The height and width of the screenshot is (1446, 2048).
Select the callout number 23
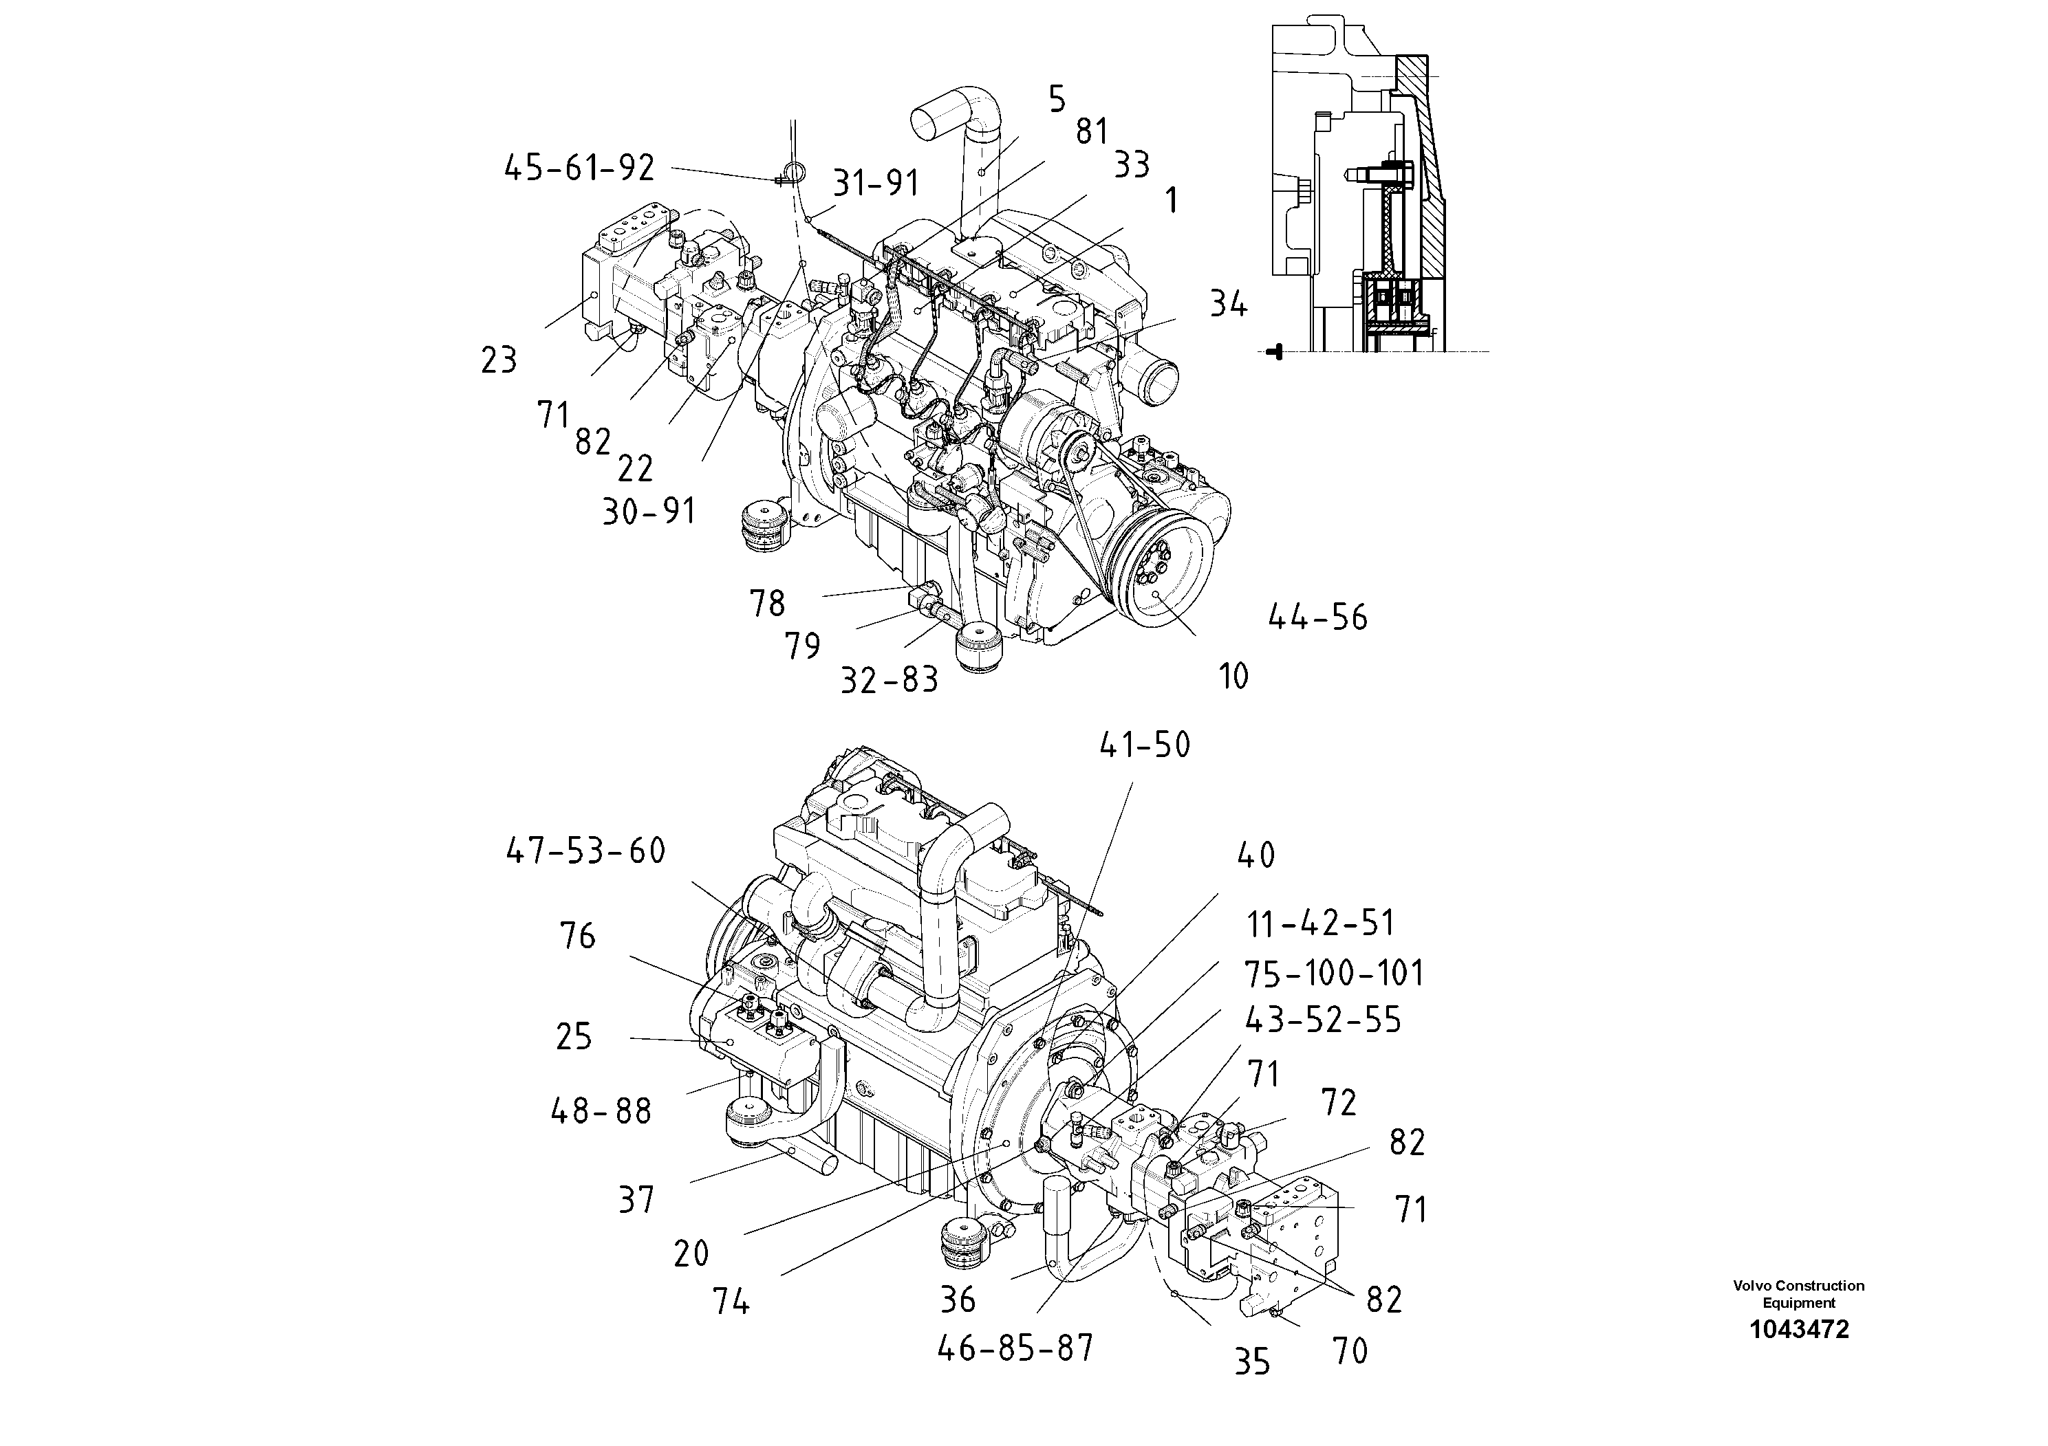[x=499, y=360]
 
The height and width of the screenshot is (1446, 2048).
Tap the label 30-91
[x=649, y=512]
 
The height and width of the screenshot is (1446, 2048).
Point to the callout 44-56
[x=1317, y=617]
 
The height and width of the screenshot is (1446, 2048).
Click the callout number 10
[x=1233, y=677]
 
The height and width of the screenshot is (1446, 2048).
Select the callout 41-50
[x=1145, y=745]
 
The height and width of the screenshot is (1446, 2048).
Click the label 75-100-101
[x=1335, y=974]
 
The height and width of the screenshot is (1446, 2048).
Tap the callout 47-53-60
[x=586, y=851]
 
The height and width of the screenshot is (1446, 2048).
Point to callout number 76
[x=577, y=936]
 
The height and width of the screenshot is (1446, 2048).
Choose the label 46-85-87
[x=1015, y=1349]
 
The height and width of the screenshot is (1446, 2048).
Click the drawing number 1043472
[x=1798, y=1329]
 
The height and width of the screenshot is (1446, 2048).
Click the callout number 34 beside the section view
[x=1228, y=305]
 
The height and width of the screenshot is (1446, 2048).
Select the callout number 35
[x=1251, y=1362]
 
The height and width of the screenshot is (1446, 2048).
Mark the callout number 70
[x=1350, y=1352]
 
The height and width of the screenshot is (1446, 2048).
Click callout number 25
[x=574, y=1037]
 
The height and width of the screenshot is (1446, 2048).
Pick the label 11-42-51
[x=1320, y=923]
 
